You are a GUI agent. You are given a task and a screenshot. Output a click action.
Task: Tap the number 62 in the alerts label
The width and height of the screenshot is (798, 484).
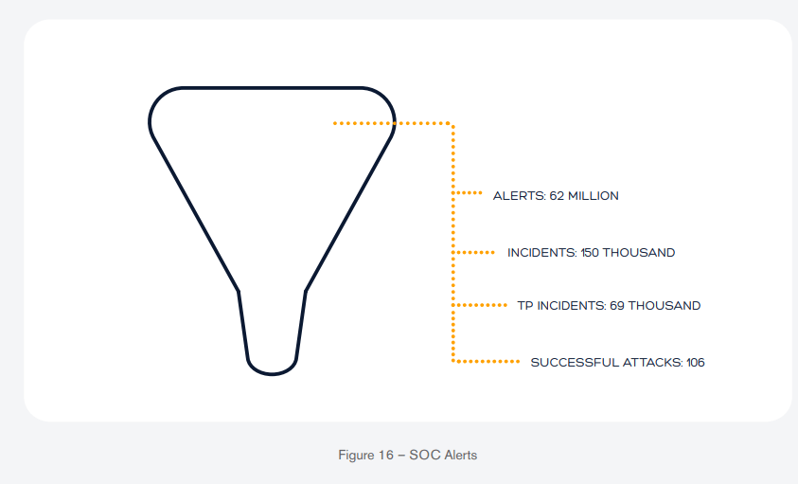click(557, 196)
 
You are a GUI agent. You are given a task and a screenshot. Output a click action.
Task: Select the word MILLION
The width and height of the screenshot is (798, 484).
click(594, 196)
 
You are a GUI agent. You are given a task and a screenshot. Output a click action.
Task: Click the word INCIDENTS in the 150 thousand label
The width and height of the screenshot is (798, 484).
click(542, 253)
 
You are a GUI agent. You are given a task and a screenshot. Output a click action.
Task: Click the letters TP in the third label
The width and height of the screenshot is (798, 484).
click(525, 306)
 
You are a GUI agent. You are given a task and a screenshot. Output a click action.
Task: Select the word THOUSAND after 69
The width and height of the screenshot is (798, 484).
click(665, 306)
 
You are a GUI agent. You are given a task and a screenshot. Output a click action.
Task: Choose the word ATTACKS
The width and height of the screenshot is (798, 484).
click(644, 363)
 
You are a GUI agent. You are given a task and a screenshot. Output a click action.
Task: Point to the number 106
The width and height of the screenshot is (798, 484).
click(695, 363)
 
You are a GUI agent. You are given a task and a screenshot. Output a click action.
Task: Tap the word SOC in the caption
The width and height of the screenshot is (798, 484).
click(420, 455)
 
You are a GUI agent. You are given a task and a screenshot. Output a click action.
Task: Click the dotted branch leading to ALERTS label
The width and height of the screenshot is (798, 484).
click(468, 193)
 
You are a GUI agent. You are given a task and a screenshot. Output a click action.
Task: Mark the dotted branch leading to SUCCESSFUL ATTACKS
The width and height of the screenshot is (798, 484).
click(486, 362)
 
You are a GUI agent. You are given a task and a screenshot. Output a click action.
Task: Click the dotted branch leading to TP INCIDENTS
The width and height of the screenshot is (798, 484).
click(480, 305)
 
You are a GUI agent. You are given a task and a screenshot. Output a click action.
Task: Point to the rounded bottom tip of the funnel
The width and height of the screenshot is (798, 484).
click(272, 374)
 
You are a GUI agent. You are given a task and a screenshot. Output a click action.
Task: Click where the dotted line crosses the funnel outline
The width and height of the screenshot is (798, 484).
click(394, 123)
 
